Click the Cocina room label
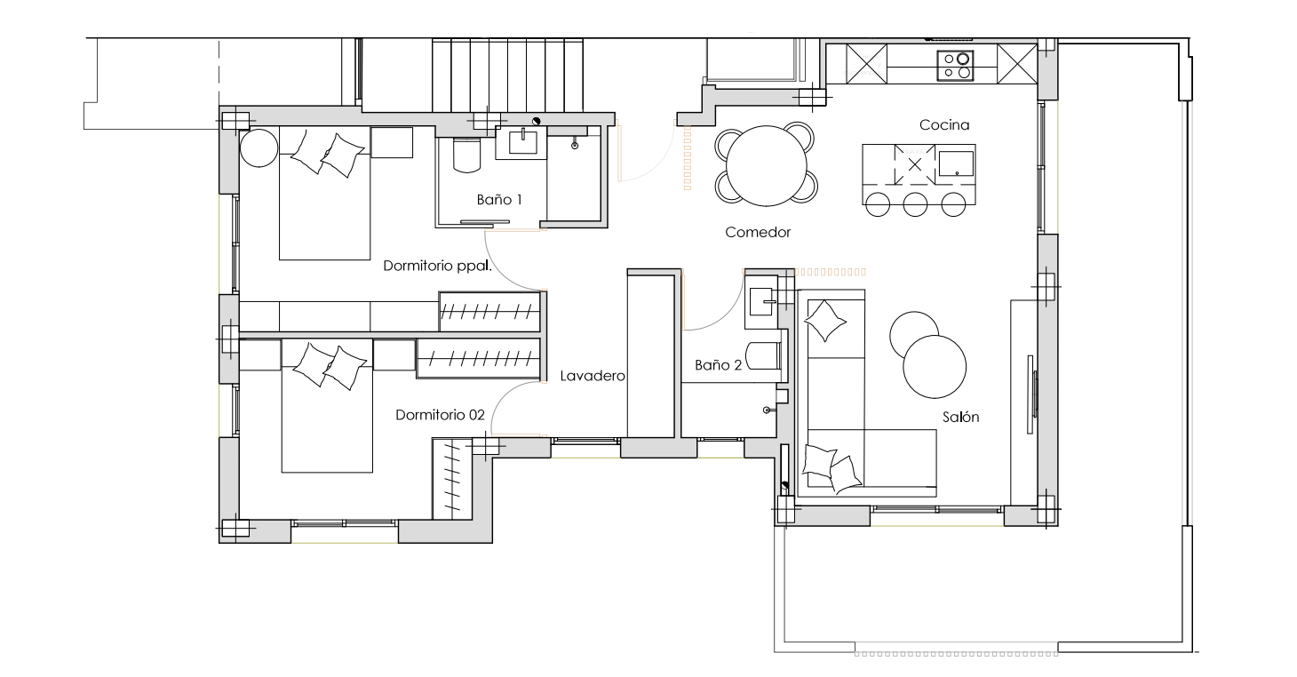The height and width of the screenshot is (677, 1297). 943,124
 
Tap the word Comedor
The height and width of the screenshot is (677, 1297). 758,232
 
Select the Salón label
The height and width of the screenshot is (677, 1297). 960,417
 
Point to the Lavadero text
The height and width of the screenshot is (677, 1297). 593,376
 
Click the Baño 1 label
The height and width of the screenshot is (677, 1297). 499,200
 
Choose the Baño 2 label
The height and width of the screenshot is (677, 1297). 718,365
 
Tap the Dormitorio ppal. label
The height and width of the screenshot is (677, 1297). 437,266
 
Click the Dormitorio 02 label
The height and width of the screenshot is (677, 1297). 440,415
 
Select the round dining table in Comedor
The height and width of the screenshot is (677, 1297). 766,165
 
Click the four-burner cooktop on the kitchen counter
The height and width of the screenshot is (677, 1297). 955,66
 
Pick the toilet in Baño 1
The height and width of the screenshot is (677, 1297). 466,155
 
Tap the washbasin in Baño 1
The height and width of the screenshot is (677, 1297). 522,141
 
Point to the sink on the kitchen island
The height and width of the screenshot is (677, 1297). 957,163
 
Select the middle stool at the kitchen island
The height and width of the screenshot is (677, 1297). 915,204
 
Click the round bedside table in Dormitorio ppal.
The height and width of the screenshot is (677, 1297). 259,147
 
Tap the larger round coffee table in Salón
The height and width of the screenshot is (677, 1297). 935,367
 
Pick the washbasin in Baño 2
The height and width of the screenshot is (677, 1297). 761,301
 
